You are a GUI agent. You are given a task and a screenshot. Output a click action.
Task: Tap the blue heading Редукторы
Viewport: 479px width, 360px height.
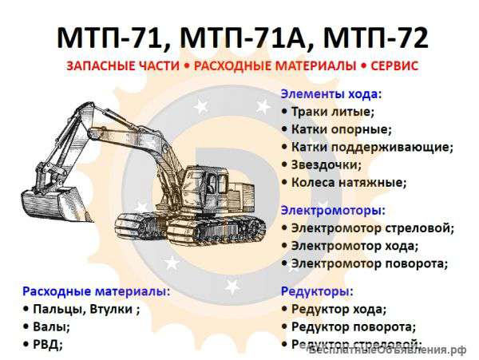(317, 291)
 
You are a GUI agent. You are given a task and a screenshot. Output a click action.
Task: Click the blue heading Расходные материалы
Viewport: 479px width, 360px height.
(96, 291)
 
